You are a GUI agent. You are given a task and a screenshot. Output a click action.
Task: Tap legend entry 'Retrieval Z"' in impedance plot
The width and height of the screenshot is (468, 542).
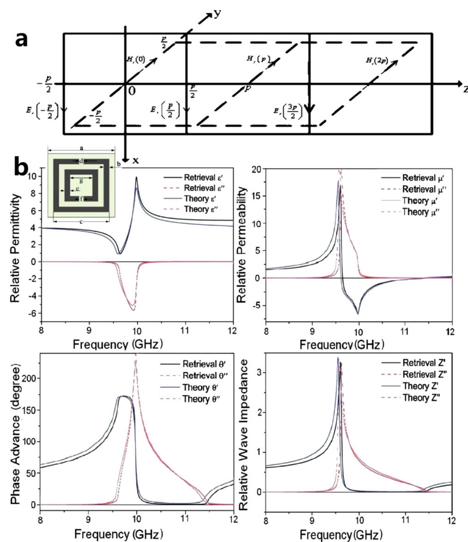point(425,374)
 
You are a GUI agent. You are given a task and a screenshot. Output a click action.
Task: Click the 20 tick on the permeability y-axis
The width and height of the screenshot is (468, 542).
point(258,169)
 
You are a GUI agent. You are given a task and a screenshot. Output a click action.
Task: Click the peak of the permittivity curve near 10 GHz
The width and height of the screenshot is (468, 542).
point(136,177)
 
